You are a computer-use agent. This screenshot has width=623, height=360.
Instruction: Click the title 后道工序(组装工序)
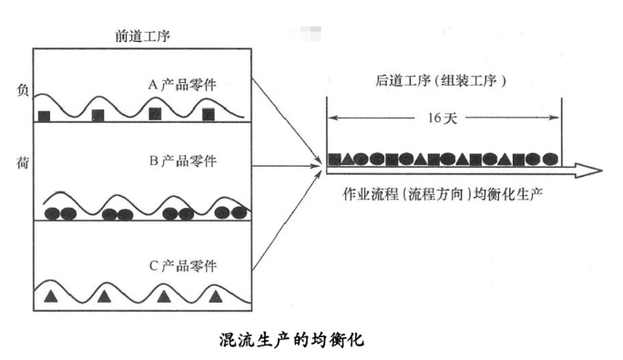pos(441,81)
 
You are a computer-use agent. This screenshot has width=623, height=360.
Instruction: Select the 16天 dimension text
pos(444,118)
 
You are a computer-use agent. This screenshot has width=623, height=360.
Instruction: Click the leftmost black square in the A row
pos(44,115)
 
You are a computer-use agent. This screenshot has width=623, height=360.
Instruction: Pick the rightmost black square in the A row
pos(209,114)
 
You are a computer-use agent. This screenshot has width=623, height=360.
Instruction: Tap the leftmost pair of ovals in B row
pos(60,214)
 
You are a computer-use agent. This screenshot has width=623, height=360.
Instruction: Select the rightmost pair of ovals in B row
pos(230,213)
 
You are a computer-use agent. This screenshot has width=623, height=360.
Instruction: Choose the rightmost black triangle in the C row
pos(216,295)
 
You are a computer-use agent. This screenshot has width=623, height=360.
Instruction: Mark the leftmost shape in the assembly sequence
pos(335,159)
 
